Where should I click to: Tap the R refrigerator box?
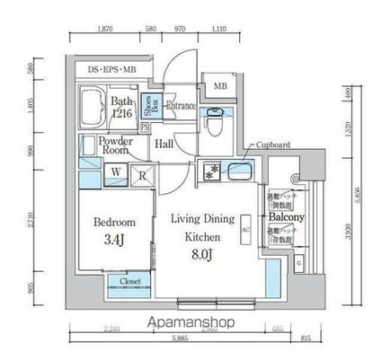click(x=142, y=176)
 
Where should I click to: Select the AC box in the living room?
click(x=244, y=229)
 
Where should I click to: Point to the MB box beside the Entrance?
click(x=220, y=87)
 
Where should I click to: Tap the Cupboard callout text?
click(x=271, y=145)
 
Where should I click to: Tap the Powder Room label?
click(x=117, y=146)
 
